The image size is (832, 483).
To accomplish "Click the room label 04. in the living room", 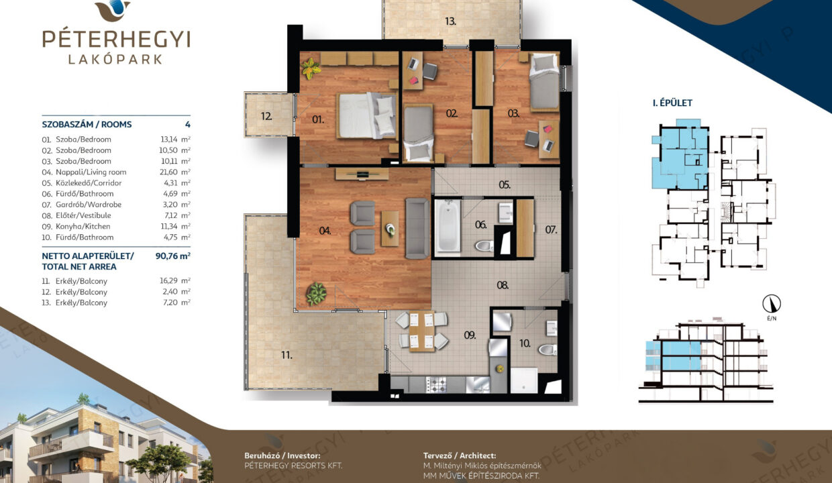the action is (325, 231).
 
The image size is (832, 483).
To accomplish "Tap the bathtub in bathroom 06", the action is (448, 227).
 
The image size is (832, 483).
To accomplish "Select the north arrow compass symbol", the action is (772, 304).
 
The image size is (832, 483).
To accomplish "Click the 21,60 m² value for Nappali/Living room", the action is (175, 172).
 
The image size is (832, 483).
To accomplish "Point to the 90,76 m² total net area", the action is (172, 256).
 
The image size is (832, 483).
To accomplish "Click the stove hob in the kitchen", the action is (436, 384).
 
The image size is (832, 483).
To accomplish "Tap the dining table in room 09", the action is (421, 331).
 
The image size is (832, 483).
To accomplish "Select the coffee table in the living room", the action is (390, 228).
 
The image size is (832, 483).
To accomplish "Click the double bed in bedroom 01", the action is (366, 115).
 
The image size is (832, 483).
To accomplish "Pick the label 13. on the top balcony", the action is (450, 21).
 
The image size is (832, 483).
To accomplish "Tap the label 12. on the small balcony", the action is (266, 116).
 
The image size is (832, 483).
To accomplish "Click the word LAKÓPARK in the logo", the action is (115, 60).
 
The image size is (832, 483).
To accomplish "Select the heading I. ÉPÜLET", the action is (672, 103).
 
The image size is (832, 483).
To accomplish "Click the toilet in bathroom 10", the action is (548, 350).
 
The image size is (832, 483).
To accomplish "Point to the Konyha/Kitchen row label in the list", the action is (83, 226).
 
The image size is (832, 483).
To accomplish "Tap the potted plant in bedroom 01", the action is (311, 69).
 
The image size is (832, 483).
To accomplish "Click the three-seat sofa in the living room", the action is (417, 228).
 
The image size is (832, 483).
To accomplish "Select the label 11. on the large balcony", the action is (287, 356).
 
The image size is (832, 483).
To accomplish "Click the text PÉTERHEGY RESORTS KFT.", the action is (293, 466).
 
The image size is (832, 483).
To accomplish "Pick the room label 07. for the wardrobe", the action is (551, 230).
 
